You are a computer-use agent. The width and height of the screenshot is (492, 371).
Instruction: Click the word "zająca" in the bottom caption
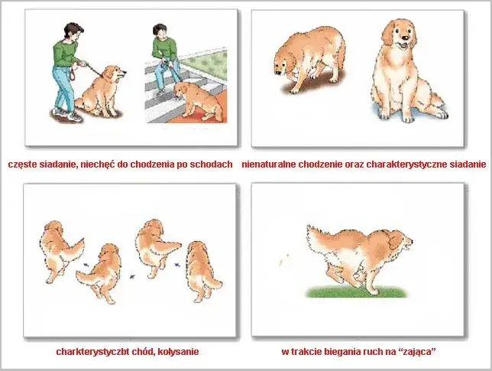point(419,352)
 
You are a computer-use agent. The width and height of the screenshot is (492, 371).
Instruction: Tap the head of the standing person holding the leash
point(74,31)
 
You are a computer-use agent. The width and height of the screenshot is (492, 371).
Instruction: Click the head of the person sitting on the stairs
point(160,31)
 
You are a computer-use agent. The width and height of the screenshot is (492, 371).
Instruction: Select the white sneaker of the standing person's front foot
point(75,117)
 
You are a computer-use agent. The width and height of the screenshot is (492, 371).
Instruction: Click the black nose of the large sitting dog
point(406,38)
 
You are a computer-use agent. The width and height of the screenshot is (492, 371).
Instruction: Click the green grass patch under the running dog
point(357,292)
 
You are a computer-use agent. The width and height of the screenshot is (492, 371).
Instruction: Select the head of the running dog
point(399,241)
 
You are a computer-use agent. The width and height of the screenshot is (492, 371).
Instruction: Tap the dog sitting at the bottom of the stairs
point(198,101)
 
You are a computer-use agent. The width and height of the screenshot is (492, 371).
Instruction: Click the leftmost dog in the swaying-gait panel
point(60,251)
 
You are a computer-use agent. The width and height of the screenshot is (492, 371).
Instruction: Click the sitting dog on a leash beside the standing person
point(100,92)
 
